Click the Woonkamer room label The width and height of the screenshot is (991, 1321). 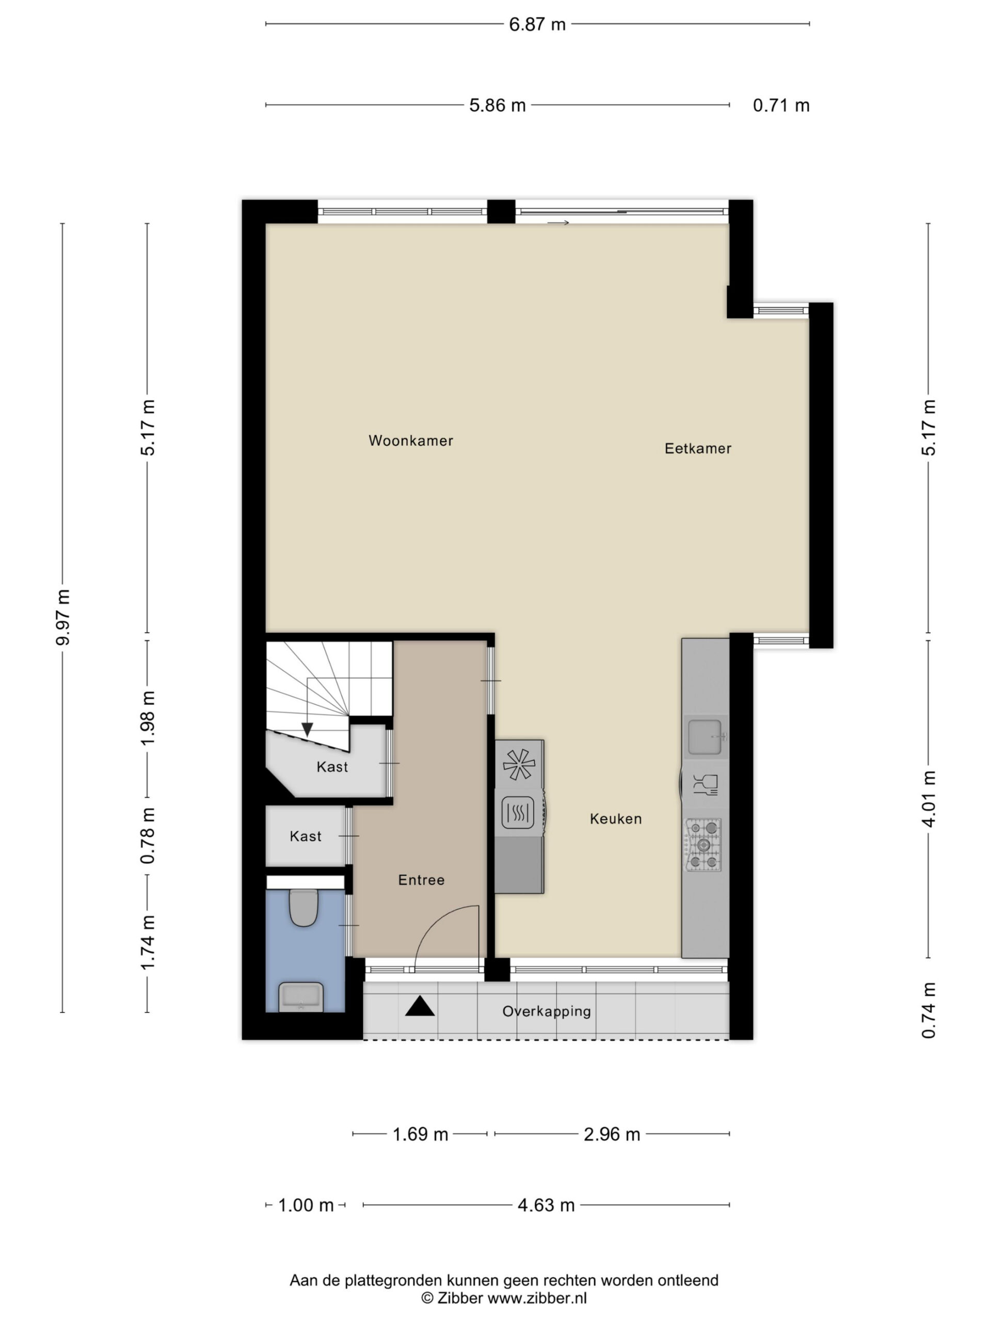(410, 441)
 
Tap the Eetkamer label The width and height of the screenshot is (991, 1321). (698, 448)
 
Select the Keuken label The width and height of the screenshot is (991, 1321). (616, 819)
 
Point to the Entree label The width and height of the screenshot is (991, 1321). (421, 880)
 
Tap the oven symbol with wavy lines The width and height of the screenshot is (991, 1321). (517, 813)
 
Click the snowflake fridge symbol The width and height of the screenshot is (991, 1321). (519, 764)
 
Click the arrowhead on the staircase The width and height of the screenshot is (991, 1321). (307, 729)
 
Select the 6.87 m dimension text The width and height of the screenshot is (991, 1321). (537, 24)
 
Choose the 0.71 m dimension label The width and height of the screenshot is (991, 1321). (781, 106)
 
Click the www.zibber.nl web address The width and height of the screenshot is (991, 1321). (537, 1298)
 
